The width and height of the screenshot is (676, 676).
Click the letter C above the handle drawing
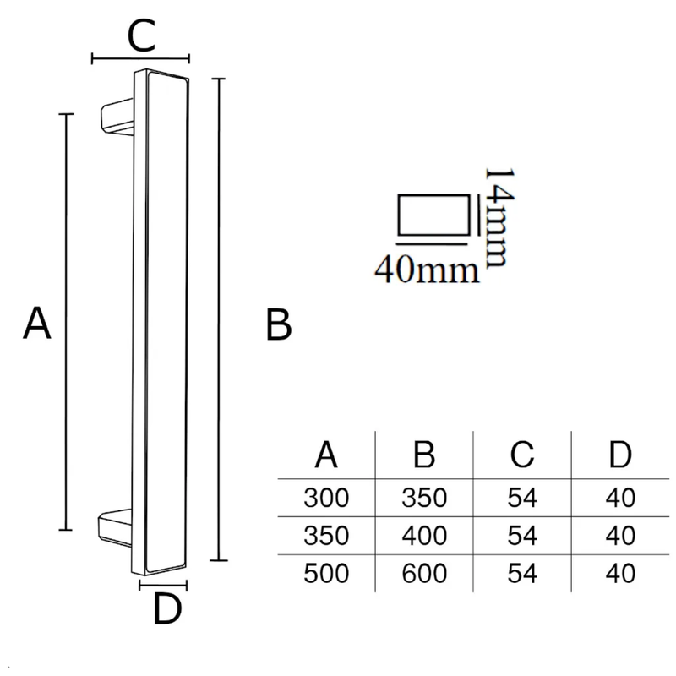(141, 35)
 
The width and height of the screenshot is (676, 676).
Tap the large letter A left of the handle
(36, 323)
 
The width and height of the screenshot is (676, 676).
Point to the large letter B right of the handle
(279, 324)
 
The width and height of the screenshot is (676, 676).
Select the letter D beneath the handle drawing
(167, 608)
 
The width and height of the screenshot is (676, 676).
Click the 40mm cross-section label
(427, 270)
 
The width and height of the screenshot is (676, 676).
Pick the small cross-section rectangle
(433, 215)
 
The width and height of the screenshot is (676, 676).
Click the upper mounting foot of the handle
(117, 117)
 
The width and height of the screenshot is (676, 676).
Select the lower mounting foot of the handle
(115, 527)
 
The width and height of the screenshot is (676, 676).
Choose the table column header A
(326, 455)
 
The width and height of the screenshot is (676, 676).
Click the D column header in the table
(620, 455)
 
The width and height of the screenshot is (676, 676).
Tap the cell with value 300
(326, 498)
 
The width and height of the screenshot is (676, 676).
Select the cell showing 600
(424, 574)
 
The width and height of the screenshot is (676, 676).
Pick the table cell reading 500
(326, 574)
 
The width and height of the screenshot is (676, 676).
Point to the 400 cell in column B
(424, 536)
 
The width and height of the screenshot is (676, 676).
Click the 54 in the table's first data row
(522, 498)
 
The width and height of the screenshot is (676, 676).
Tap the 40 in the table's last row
(620, 574)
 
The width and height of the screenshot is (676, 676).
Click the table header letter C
(522, 455)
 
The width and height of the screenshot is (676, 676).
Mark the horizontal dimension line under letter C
(140, 58)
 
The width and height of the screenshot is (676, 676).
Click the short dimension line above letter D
(163, 585)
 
